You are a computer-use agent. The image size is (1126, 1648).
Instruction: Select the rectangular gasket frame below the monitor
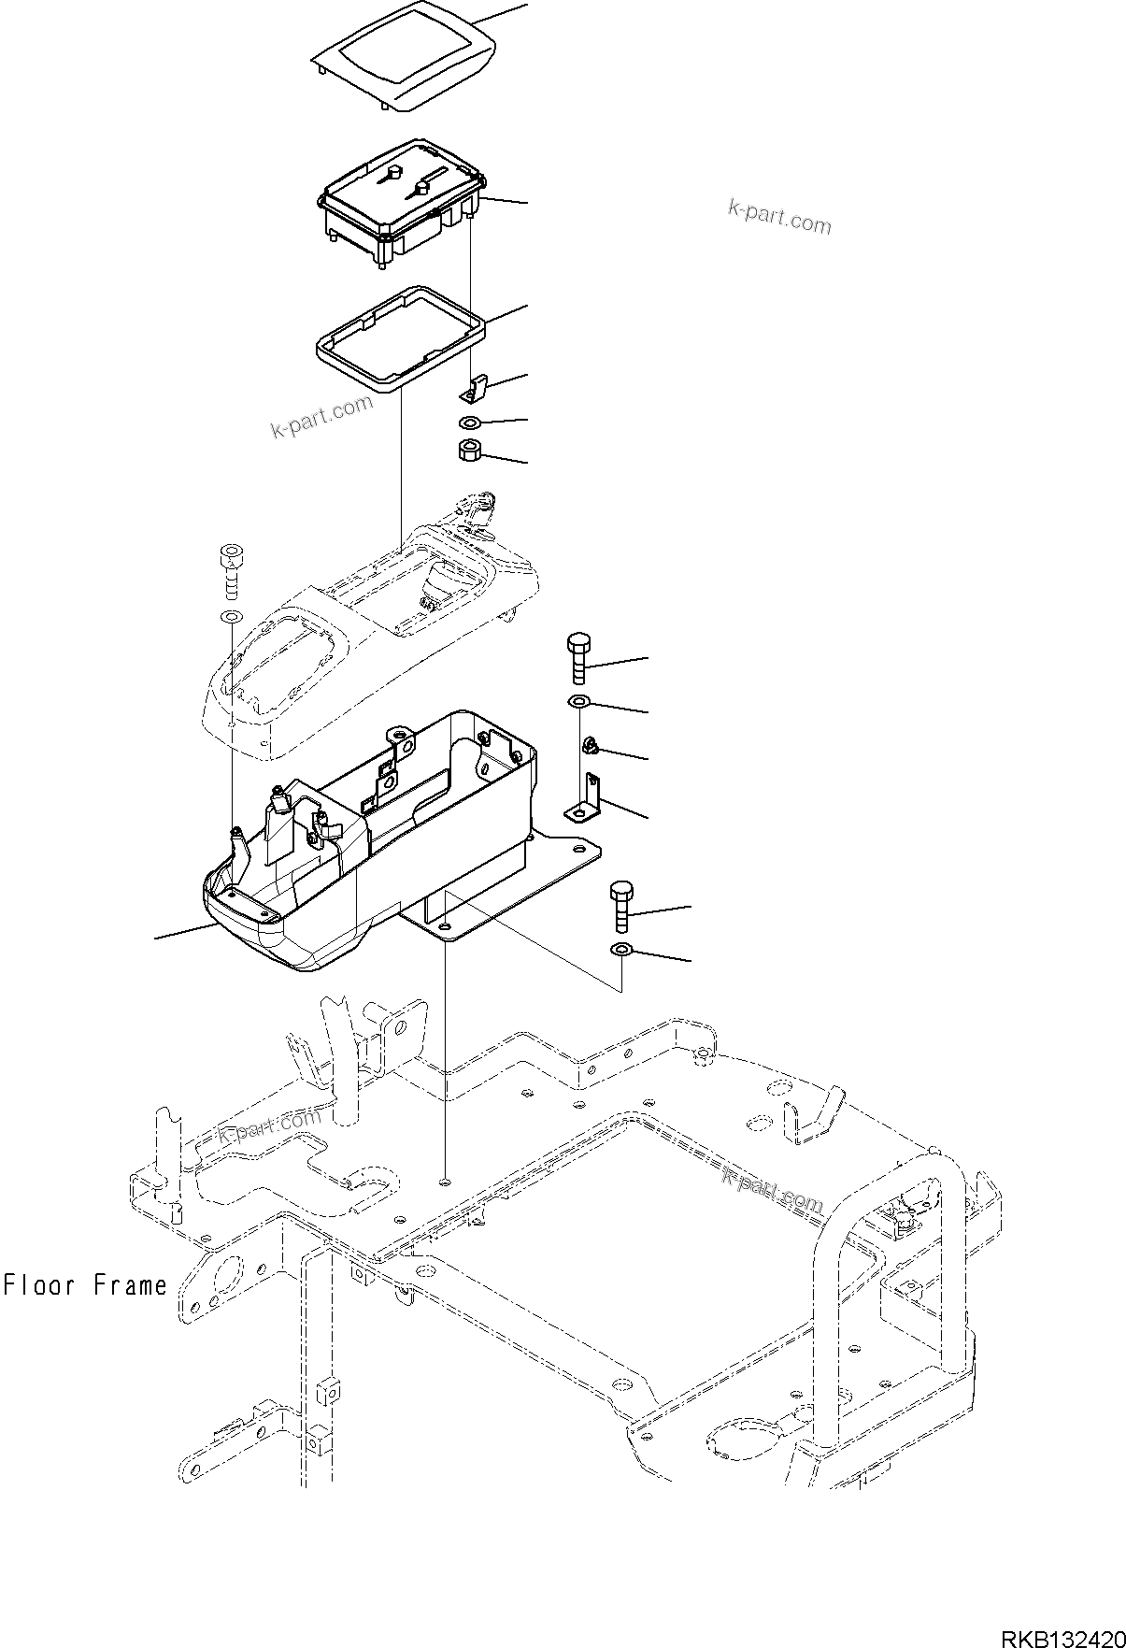[400, 337]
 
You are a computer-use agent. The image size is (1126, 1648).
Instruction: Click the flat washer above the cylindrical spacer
[470, 423]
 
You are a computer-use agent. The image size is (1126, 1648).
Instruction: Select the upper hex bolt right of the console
[577, 658]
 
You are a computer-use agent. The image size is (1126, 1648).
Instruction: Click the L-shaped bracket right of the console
[588, 800]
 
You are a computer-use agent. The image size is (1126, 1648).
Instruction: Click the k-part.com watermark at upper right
[779, 218]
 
